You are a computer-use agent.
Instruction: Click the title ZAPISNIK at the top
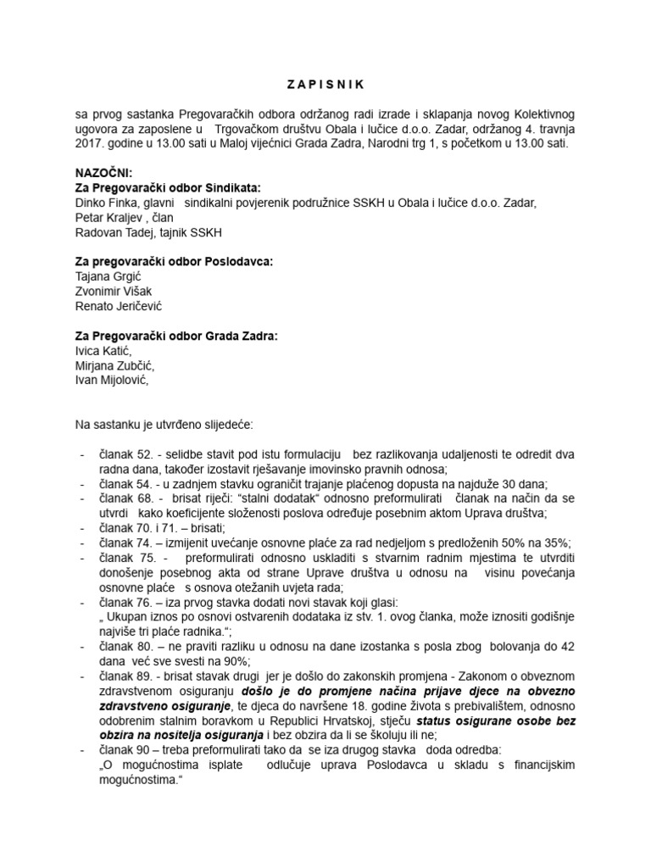(325, 84)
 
